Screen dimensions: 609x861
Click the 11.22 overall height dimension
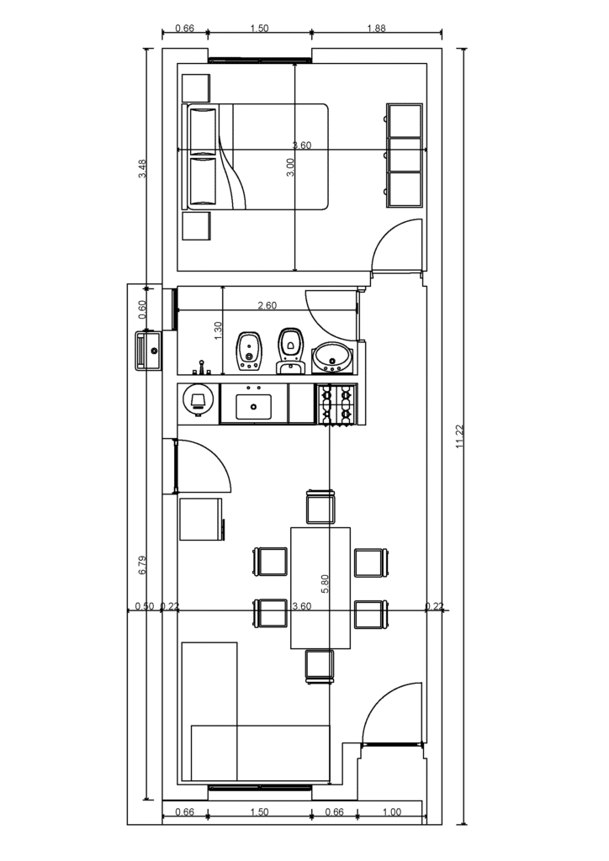coord(459,437)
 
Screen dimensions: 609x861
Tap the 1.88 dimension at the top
coord(376,29)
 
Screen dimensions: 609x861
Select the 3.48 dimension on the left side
coord(142,168)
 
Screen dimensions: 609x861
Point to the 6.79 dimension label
coord(142,566)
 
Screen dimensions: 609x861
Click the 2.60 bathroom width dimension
coord(267,305)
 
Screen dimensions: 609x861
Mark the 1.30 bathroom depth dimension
coord(217,330)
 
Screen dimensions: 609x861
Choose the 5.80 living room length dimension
coord(324,584)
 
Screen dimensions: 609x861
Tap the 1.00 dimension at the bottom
coord(391,812)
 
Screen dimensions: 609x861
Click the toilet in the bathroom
coord(290,351)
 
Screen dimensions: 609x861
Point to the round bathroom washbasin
coord(333,357)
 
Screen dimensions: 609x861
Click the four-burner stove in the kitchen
coord(336,404)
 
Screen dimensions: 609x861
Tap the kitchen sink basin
coord(253,406)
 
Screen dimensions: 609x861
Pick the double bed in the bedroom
coord(257,156)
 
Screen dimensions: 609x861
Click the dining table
coord(320,588)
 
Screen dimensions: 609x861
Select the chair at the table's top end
coord(320,506)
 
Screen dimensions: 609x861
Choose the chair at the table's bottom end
coord(320,667)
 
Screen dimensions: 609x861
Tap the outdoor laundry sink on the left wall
coord(147,351)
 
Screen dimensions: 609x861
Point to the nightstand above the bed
coord(195,87)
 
